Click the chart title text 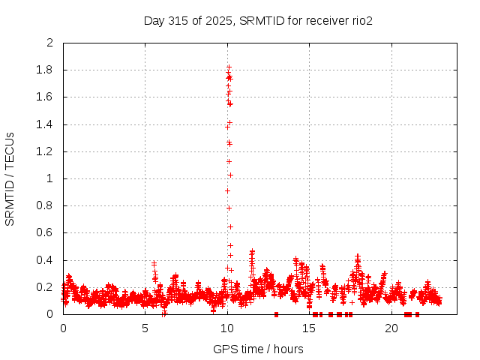(x=258, y=20)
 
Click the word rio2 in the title (x=361, y=20)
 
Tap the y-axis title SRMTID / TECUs (x=10, y=178)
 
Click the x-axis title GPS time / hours (x=258, y=349)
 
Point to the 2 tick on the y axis (x=50, y=43)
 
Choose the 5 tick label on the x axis (x=145, y=328)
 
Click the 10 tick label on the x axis (x=227, y=328)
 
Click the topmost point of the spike (x=229, y=67)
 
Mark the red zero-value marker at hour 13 (x=277, y=314)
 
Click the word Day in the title (x=154, y=20)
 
